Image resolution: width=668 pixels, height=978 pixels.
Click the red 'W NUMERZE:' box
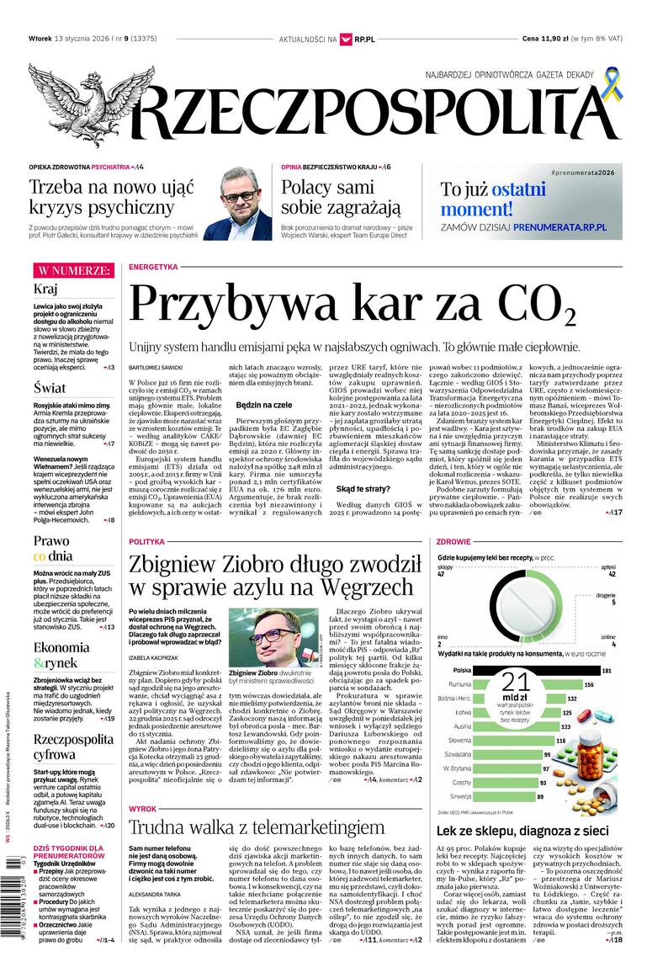pyautogui.click(x=73, y=270)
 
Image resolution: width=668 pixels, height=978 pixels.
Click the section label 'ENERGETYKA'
pyautogui.click(x=154, y=267)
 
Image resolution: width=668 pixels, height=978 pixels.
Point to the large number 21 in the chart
pyautogui.click(x=516, y=685)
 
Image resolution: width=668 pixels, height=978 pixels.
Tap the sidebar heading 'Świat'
pyautogui.click(x=50, y=388)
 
